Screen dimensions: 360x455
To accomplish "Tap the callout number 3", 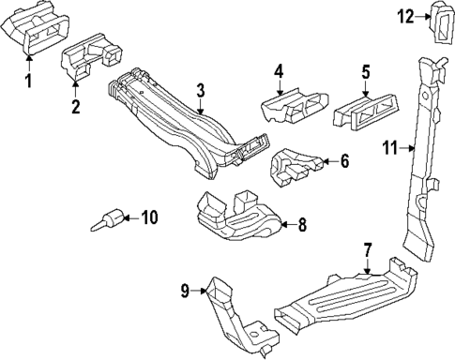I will pos(200,90).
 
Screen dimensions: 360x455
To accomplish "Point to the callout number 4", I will pos(278,71).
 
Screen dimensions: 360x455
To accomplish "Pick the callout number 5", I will pos(366,71).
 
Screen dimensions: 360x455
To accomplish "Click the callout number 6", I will pos(343,161).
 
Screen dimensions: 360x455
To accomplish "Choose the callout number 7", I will pos(368,250).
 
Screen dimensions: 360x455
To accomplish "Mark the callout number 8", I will pos(301,225).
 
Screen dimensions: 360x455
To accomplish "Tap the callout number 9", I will pos(184,292).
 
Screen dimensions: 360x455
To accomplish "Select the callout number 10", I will pos(149,218).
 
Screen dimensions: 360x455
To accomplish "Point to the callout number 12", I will pos(404,16).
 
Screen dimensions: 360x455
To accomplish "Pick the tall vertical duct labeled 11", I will pos(426,150).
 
